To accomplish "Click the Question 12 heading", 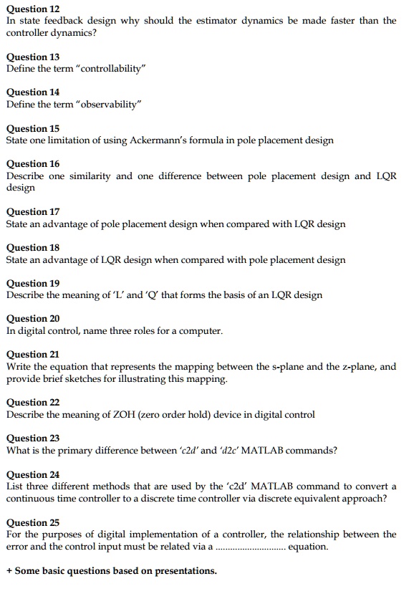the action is coord(33,9).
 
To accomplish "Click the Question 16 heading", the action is coord(33,163).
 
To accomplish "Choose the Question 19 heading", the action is coord(33,283).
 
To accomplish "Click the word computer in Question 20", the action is coord(201,331).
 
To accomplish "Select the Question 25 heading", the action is coord(33,522).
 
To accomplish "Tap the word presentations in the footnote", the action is coord(183,571).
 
